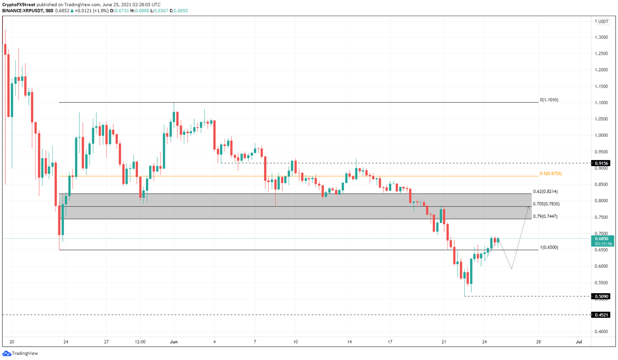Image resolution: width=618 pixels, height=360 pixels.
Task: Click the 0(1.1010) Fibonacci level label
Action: [x=549, y=100]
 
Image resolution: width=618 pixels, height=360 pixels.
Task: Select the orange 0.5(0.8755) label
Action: [x=550, y=174]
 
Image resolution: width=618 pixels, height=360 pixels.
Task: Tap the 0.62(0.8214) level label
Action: [x=545, y=191]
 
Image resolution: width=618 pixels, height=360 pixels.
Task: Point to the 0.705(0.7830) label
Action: [x=546, y=204]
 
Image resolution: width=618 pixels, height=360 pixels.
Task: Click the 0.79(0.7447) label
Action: [x=545, y=216]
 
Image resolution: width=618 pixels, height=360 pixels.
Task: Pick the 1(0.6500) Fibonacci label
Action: [x=549, y=247]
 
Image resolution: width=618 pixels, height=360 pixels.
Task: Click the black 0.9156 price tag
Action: [x=602, y=163]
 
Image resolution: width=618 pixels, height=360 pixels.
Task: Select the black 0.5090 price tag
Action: [x=602, y=296]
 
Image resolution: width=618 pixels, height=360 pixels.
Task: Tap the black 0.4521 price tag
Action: [x=602, y=315]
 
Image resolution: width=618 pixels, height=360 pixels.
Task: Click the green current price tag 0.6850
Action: [x=602, y=239]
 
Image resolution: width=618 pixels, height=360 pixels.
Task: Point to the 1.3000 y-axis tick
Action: [x=602, y=37]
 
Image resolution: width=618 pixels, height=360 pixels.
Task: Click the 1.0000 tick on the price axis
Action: [x=602, y=136]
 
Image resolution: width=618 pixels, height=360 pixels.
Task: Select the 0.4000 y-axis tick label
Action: [x=602, y=332]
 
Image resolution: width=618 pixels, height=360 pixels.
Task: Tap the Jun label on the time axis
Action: [x=174, y=342]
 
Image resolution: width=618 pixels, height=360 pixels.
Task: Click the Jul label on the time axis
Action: [x=579, y=342]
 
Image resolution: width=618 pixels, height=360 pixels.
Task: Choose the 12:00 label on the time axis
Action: [x=140, y=342]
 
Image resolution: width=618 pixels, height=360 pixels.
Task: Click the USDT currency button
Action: [x=603, y=22]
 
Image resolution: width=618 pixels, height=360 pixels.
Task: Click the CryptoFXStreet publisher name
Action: [x=19, y=5]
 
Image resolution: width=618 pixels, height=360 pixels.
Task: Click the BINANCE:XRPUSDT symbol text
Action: [x=23, y=11]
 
